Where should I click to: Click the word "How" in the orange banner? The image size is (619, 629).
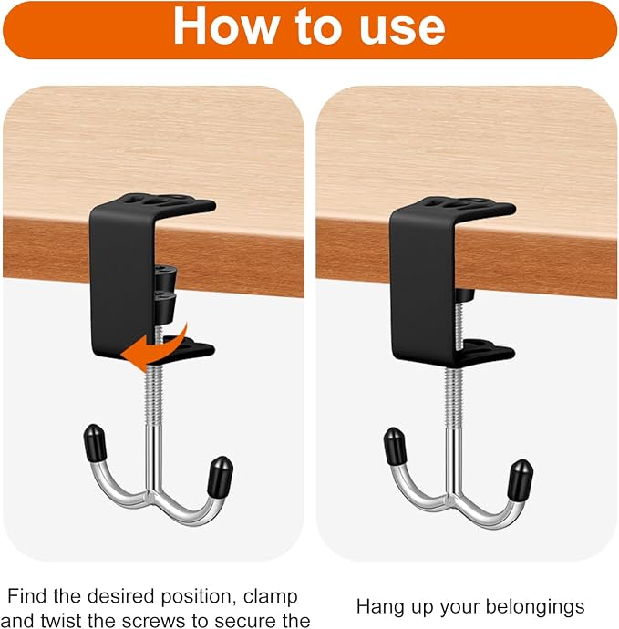pos(225,27)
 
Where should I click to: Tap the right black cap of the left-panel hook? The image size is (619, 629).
pos(220,475)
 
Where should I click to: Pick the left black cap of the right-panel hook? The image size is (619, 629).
pos(396,447)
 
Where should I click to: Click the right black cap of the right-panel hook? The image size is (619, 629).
pos(520,479)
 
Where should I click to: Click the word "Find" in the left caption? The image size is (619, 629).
pos(26,596)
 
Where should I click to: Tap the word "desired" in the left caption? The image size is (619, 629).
pos(121,596)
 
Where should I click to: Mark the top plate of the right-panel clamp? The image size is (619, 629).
pos(453,205)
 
